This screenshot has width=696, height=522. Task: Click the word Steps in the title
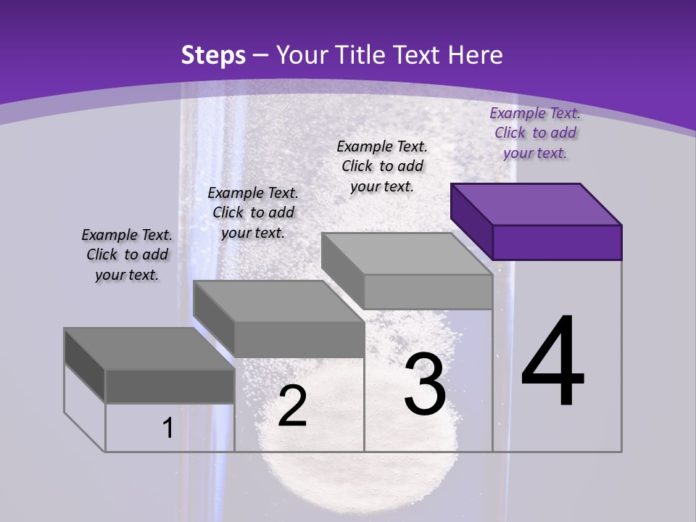[x=212, y=55]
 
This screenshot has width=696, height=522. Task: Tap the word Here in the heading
[x=476, y=55]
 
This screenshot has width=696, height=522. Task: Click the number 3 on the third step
[x=425, y=384]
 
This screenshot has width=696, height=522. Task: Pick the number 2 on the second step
[x=292, y=406]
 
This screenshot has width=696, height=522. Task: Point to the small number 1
[x=167, y=428]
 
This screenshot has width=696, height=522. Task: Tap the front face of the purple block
[x=557, y=242]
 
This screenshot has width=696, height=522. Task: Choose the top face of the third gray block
[x=407, y=254]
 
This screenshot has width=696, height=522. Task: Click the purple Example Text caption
[x=535, y=133]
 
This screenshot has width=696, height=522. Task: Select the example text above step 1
[x=127, y=254]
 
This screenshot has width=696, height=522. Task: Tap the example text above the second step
[x=253, y=212]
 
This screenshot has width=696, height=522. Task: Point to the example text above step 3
[x=382, y=166]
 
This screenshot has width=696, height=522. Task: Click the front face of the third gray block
[x=428, y=292]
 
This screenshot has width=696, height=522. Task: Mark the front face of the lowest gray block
[x=170, y=386]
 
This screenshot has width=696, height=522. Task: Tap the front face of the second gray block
[x=299, y=339]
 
